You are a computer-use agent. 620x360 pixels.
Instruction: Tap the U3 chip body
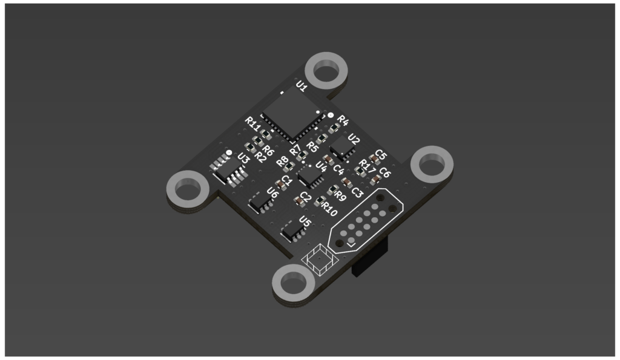[228, 169]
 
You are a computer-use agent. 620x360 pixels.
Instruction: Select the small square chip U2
[343, 148]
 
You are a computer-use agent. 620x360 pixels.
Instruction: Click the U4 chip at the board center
[311, 175]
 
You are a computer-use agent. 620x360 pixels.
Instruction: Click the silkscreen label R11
[252, 124]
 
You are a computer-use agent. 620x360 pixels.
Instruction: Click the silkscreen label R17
[367, 166]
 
